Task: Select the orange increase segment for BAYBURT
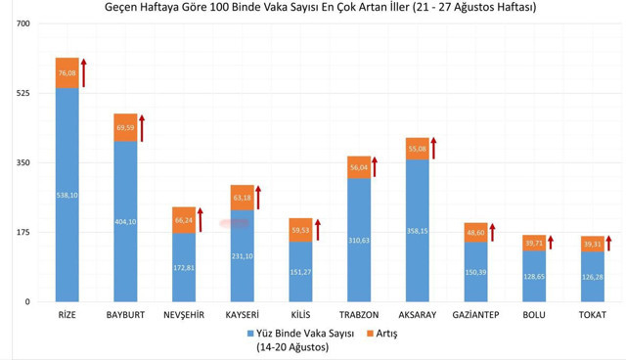[125, 127]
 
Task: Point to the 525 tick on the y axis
[22, 93]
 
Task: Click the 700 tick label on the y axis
[22, 23]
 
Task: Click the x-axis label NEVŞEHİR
[183, 315]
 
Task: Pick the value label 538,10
[67, 195]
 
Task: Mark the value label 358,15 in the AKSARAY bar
[417, 231]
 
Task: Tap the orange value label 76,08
[67, 73]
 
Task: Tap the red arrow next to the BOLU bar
[551, 243]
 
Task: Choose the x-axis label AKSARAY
[417, 315]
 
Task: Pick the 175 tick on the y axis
[22, 232]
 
